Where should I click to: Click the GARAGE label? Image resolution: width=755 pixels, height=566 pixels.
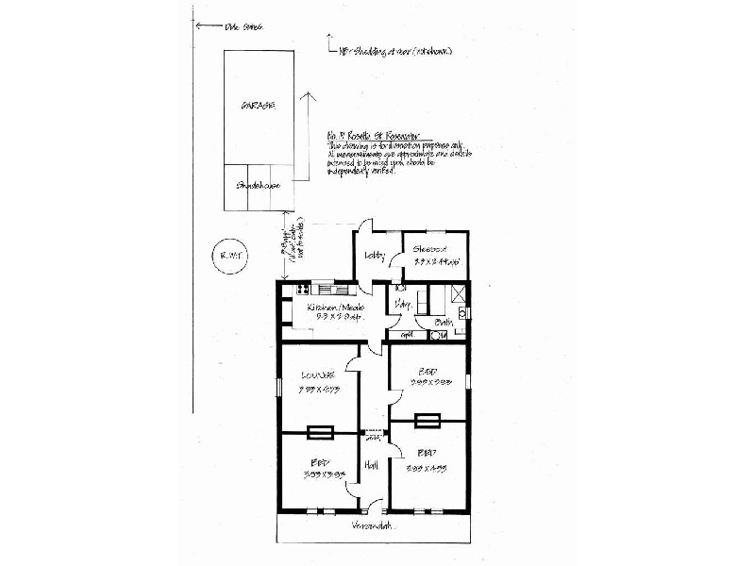click(x=257, y=106)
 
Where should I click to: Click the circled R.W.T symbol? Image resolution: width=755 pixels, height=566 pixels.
click(x=227, y=258)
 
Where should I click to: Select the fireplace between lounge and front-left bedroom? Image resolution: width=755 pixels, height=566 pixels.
click(x=320, y=432)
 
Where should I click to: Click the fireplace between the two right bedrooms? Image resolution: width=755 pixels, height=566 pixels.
click(x=427, y=421)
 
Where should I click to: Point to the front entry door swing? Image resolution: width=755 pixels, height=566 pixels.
click(x=374, y=504)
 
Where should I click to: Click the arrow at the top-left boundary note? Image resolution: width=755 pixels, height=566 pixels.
click(x=195, y=26)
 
